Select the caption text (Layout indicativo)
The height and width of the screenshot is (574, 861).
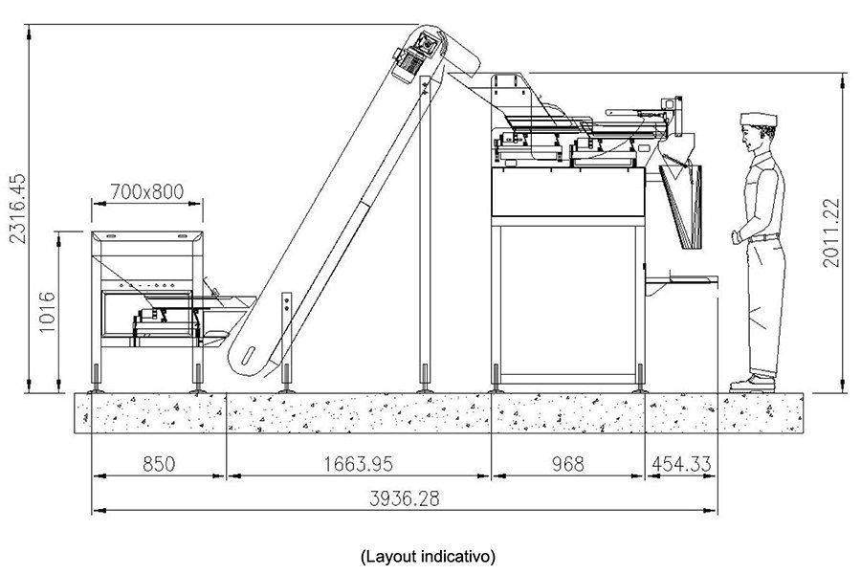pyautogui.click(x=429, y=555)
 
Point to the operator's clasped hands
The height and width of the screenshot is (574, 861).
pyautogui.click(x=737, y=235)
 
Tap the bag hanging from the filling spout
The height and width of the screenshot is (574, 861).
pyautogui.click(x=683, y=205)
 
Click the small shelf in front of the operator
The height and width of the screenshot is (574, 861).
pyautogui.click(x=682, y=280)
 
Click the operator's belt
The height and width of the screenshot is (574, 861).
pyautogui.click(x=766, y=238)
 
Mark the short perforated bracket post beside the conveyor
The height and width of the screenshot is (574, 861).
pyautogui.click(x=286, y=330)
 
